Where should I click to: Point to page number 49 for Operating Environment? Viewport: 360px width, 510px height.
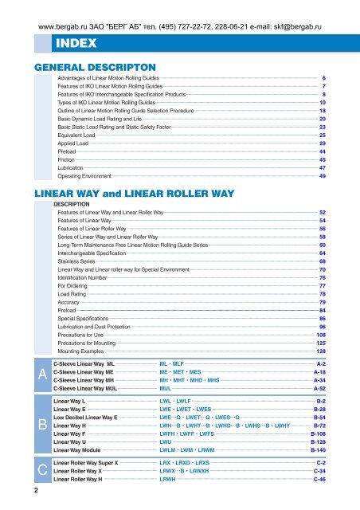[x=321, y=177]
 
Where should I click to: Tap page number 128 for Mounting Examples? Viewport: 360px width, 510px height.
[x=320, y=351]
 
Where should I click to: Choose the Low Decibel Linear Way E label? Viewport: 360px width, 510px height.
[x=85, y=417]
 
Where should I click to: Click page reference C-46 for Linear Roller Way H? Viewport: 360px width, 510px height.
[x=319, y=481]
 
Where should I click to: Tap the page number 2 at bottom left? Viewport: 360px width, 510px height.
[x=26, y=491]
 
